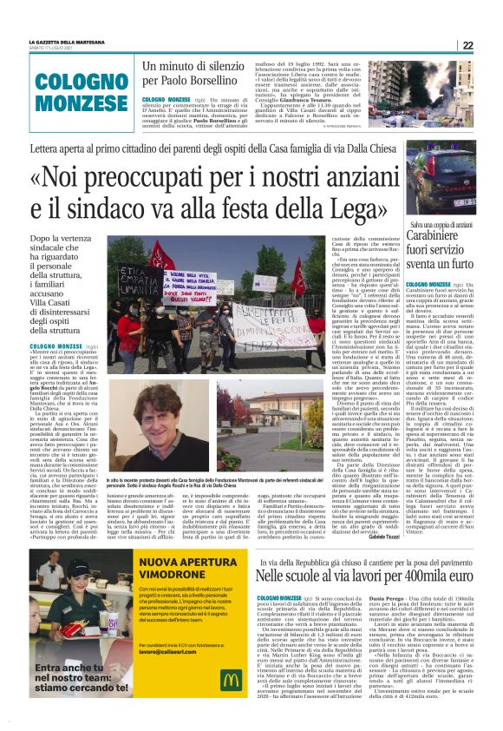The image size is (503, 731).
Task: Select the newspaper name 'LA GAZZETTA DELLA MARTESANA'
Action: point(64,42)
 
